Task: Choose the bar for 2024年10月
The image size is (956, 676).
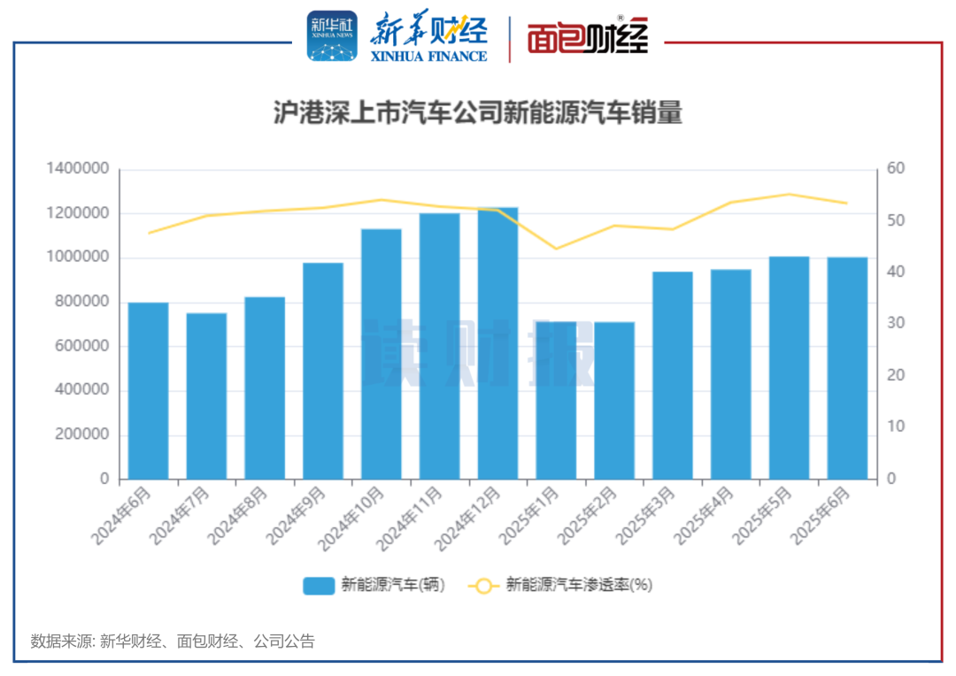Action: click(x=381, y=354)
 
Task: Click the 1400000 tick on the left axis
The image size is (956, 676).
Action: click(x=80, y=169)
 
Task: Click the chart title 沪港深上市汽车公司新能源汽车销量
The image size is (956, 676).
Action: click(x=478, y=114)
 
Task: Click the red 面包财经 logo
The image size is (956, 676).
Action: click(x=588, y=37)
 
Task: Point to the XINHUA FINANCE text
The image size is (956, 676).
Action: click(x=428, y=56)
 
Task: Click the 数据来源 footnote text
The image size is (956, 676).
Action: click(x=173, y=641)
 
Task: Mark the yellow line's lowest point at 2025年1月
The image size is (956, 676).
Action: click(x=556, y=249)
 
